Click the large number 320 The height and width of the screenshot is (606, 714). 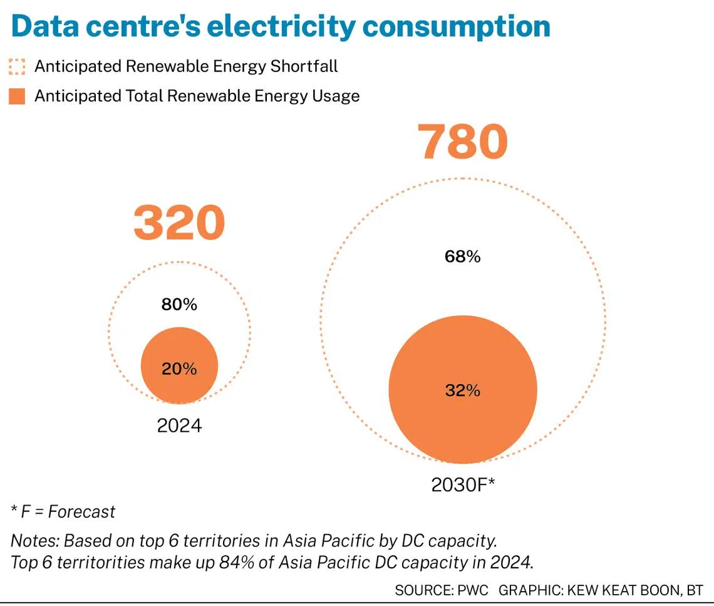(179, 224)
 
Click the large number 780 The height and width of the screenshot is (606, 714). (463, 142)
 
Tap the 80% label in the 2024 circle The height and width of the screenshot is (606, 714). (180, 305)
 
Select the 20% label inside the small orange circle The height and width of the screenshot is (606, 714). (180, 369)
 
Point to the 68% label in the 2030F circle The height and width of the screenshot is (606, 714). (463, 256)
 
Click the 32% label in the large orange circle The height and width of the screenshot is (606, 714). (463, 390)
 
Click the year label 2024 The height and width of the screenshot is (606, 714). (180, 426)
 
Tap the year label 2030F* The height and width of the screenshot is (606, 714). (463, 485)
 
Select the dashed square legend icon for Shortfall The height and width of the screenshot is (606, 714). (18, 66)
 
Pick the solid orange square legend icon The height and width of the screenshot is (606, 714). (18, 97)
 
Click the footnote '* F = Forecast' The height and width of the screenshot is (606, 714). (63, 512)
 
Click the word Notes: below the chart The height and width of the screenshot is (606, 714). (35, 540)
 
